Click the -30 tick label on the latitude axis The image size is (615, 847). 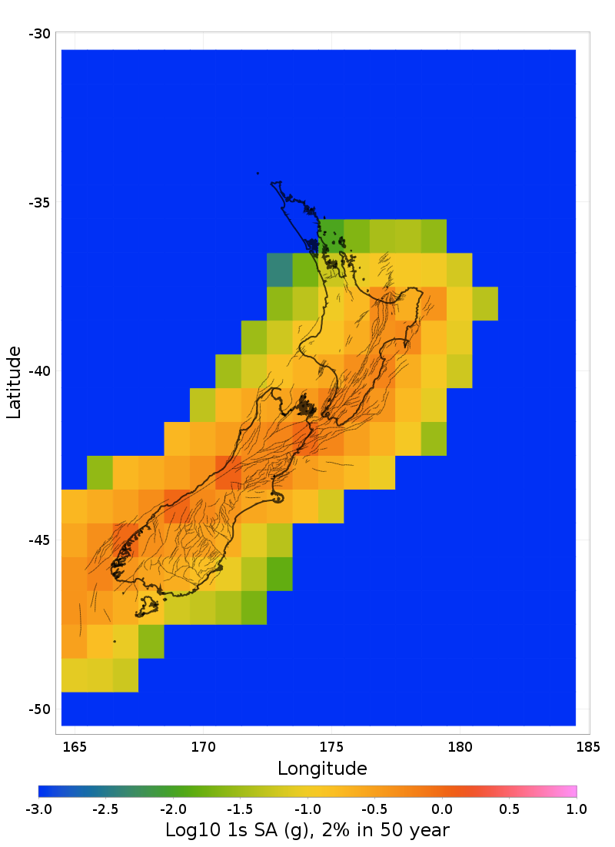point(40,34)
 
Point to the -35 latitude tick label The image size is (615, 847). point(40,203)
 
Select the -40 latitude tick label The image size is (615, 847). point(40,371)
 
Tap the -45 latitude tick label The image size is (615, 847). point(40,540)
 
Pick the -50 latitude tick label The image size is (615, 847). point(40,709)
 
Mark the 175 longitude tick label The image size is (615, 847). point(331,746)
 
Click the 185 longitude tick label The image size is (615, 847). point(588,746)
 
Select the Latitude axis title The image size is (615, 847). point(14,382)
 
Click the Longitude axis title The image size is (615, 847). point(322,768)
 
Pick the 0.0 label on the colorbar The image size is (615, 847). point(442,809)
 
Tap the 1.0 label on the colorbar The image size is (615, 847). point(577,809)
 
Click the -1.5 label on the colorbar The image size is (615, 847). point(241,809)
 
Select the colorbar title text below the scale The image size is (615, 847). point(307,830)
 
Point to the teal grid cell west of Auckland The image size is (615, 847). point(280,270)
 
